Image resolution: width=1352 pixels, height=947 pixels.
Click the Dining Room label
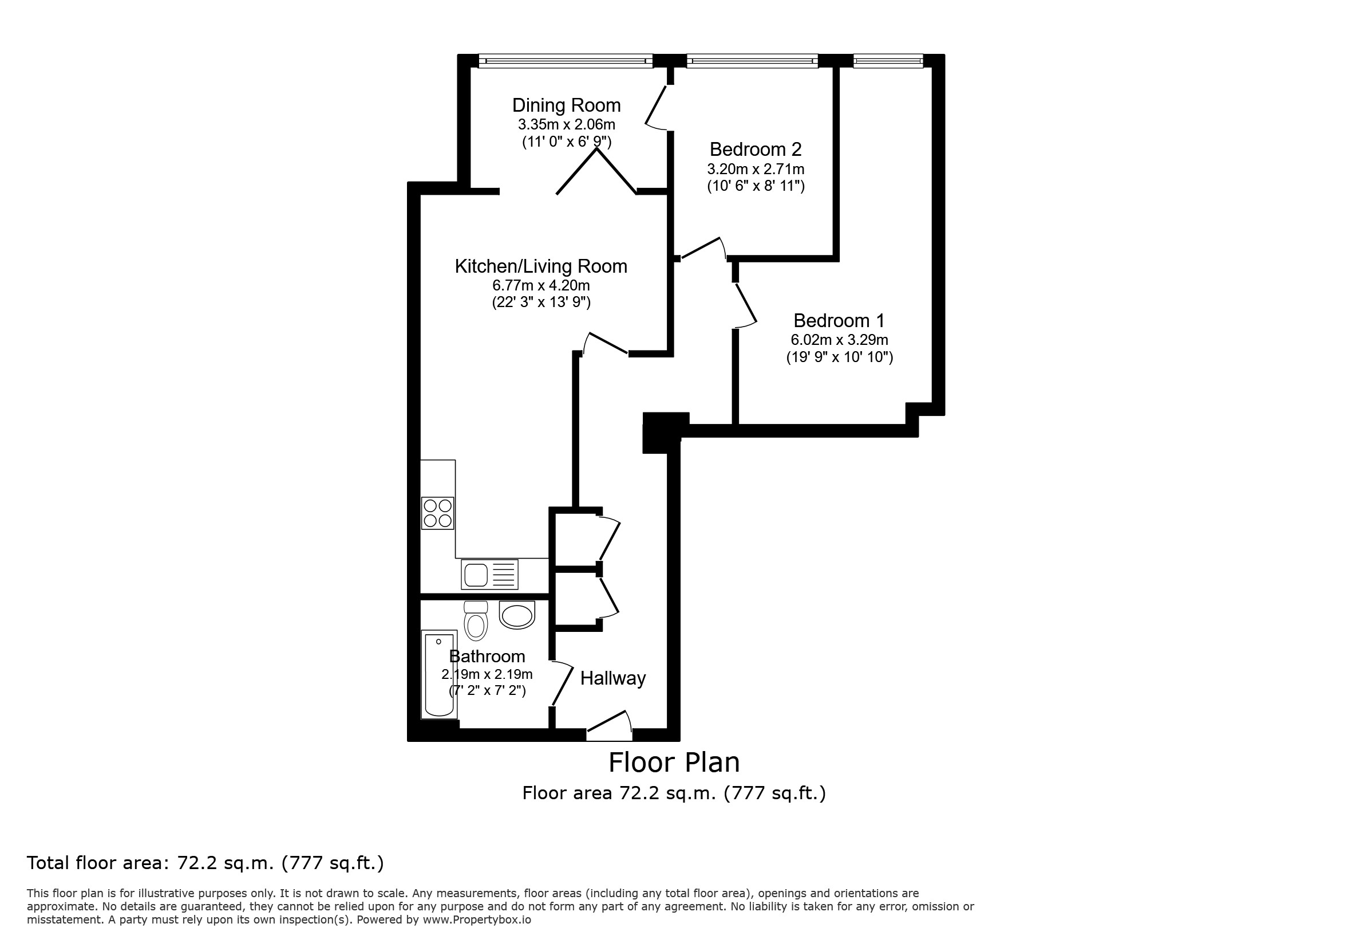(x=566, y=105)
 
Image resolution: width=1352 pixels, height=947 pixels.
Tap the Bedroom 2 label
(x=756, y=149)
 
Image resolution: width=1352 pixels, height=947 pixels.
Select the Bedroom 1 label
(x=839, y=321)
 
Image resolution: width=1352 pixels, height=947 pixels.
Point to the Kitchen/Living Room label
(x=540, y=266)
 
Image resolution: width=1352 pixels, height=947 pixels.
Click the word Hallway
(x=613, y=678)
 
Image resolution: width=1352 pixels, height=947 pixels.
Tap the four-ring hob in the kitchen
(x=437, y=513)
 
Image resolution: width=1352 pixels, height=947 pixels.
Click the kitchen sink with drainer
(x=489, y=574)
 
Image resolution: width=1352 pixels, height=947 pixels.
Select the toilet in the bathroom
(x=476, y=620)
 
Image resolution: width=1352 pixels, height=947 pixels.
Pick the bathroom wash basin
(x=517, y=615)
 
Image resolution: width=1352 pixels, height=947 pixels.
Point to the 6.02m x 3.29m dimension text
(x=839, y=340)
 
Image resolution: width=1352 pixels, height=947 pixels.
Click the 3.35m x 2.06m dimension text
(x=567, y=124)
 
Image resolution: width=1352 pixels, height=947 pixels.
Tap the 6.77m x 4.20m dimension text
(x=541, y=286)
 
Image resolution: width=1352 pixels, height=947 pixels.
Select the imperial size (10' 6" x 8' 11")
(x=756, y=186)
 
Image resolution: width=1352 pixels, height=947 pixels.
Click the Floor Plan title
(x=674, y=762)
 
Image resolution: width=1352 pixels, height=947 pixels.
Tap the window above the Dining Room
(x=566, y=61)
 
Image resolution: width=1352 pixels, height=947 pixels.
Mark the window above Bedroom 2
(x=752, y=61)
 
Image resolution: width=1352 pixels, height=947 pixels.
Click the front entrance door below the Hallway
(x=610, y=726)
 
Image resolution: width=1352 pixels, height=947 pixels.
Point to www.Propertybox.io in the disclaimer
(x=476, y=920)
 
